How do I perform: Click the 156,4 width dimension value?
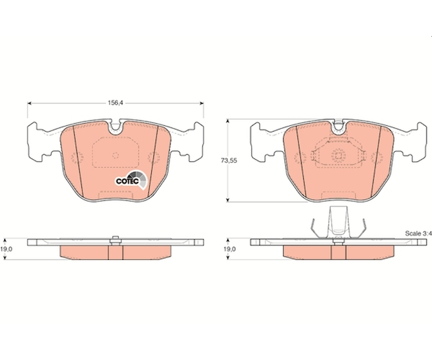point(115,103)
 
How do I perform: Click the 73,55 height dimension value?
point(229,161)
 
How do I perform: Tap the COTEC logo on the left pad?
point(131,179)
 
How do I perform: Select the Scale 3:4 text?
point(418,233)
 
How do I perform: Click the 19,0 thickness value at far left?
point(6,249)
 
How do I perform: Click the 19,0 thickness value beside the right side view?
point(230,249)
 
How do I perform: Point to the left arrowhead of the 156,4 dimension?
point(30,103)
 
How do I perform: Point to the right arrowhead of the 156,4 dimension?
point(202,103)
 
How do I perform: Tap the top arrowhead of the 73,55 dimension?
point(228,121)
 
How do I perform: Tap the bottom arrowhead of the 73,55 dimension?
point(228,199)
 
